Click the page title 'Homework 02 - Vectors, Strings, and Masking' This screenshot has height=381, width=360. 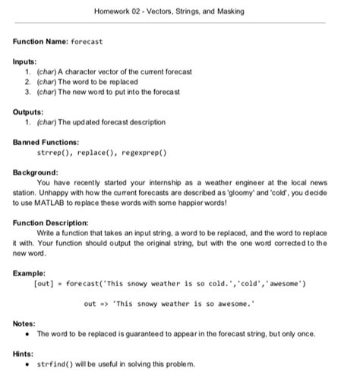179,12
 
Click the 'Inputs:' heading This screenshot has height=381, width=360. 27,61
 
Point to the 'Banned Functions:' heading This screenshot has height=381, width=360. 46,142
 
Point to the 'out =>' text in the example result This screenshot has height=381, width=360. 96,304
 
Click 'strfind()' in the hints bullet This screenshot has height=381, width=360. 54,364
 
